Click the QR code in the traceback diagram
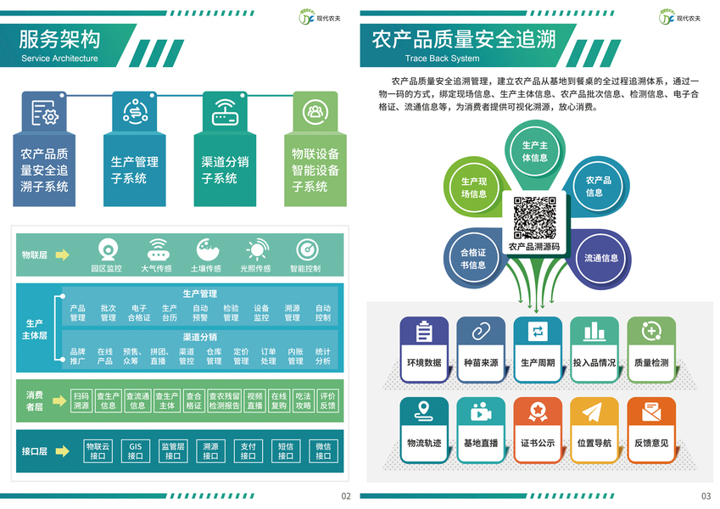534,217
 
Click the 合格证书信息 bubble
472,258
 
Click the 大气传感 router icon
156,250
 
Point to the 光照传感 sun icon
255,250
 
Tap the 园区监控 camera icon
107,250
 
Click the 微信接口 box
323,450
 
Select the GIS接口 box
136,450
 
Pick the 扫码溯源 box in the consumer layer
81,400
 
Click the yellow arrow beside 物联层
62,255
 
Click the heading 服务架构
59,39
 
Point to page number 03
706,496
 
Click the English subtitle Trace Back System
442,59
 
